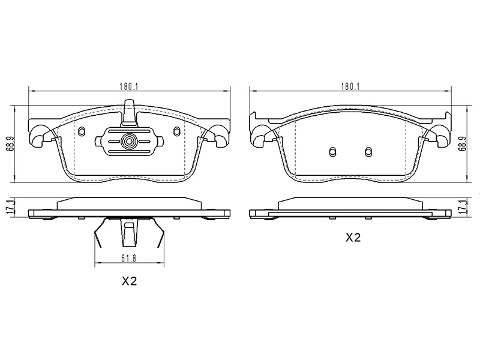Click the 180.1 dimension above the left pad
(x=129, y=86)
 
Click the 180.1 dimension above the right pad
(x=350, y=86)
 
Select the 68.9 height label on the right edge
(x=462, y=143)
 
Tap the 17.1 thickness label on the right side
(x=462, y=207)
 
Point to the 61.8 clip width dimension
(x=128, y=259)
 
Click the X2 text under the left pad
(x=129, y=281)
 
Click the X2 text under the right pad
(x=353, y=238)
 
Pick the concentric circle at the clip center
(x=128, y=142)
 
